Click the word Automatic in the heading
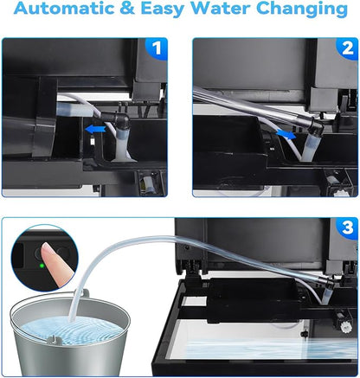pyautogui.click(x=65, y=9)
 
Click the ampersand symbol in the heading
pyautogui.click(x=127, y=9)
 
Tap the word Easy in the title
pyautogui.click(x=163, y=10)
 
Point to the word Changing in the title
pyautogui.click(x=302, y=10)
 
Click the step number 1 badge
pyautogui.click(x=156, y=48)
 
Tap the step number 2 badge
pyautogui.click(x=347, y=48)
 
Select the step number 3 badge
pyautogui.click(x=347, y=227)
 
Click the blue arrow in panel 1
pyautogui.click(x=95, y=130)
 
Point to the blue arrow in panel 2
pyautogui.click(x=286, y=134)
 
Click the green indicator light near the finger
pyautogui.click(x=42, y=266)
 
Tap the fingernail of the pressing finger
pyautogui.click(x=47, y=250)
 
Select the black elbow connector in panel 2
pyautogui.click(x=316, y=124)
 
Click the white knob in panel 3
pyautogui.click(x=345, y=326)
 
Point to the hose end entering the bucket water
pyautogui.click(x=72, y=319)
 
